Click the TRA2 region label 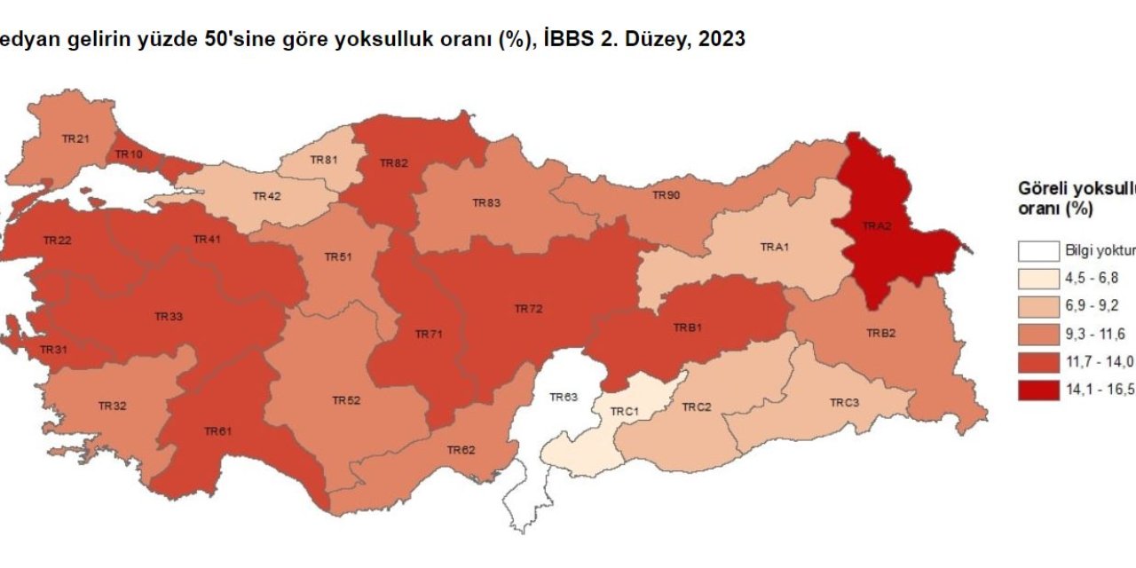coord(876,227)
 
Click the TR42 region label coord(267,196)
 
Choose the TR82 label coord(393,163)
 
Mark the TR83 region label coord(485,203)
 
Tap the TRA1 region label coord(775,247)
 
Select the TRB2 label coord(880,334)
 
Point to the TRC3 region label coord(844,403)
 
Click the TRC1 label coord(625,413)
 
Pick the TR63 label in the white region coord(564,398)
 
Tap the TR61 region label coord(217,431)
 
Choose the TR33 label coord(169,316)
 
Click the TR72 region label coord(528,309)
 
